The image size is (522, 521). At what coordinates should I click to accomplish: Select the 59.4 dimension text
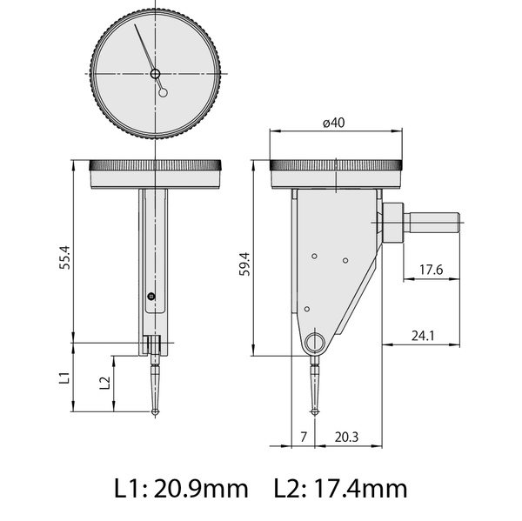[244, 263]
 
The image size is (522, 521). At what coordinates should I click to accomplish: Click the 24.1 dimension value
[424, 334]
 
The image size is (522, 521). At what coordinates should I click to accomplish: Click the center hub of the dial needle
[156, 74]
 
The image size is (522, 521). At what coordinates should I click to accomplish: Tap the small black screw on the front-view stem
[152, 297]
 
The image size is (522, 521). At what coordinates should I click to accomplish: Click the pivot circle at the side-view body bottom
[314, 342]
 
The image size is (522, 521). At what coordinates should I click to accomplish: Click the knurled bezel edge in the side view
[338, 166]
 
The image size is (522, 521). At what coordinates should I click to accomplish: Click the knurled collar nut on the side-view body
[392, 223]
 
